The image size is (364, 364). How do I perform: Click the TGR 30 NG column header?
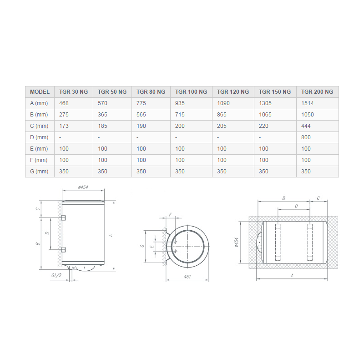pyautogui.click(x=73, y=92)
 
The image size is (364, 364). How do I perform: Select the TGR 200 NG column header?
pyautogui.click(x=317, y=92)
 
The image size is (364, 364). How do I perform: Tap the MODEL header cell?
pyautogui.click(x=40, y=92)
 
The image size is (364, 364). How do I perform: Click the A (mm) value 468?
pyautogui.click(x=64, y=103)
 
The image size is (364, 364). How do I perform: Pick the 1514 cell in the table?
pyautogui.click(x=308, y=103)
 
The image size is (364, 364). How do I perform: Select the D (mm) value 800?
pyautogui.click(x=306, y=137)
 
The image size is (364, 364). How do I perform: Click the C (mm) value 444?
pyautogui.click(x=306, y=126)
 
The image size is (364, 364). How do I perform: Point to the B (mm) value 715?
pyautogui.click(x=180, y=115)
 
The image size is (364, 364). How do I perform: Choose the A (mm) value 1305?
pyautogui.click(x=265, y=103)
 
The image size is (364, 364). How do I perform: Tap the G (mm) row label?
pyautogui.click(x=39, y=172)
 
